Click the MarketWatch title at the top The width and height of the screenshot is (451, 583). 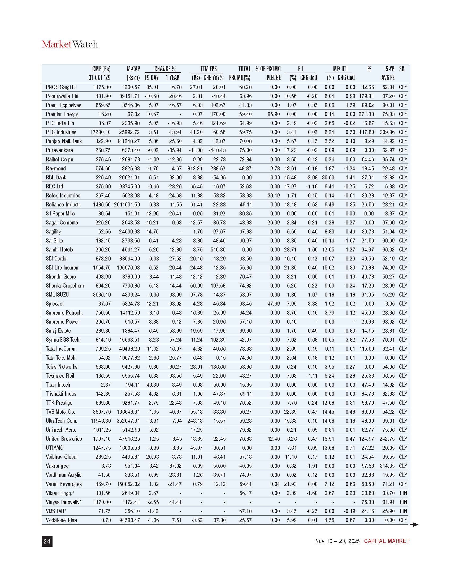[70, 44]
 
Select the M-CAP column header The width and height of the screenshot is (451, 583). [133, 69]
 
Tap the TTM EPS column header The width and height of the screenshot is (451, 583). [209, 69]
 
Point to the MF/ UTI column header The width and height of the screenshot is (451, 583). [340, 69]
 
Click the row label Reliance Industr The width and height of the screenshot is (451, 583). [63, 205]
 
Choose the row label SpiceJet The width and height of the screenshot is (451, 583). [54, 304]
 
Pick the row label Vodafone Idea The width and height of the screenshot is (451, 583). [61, 520]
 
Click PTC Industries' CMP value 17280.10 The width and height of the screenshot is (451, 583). [101, 132]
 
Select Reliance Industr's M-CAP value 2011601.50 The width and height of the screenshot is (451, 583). [127, 205]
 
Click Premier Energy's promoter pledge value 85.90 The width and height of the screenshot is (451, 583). [274, 114]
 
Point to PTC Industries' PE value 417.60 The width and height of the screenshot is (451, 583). [366, 132]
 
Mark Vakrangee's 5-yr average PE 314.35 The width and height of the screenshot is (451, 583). [387, 466]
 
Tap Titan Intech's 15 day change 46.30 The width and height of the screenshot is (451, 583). [152, 385]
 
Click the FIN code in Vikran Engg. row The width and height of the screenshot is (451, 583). [403, 493]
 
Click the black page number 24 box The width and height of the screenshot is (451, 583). [47, 541]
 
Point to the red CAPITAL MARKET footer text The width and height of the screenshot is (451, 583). [387, 541]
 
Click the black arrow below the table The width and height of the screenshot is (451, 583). [414, 525]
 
